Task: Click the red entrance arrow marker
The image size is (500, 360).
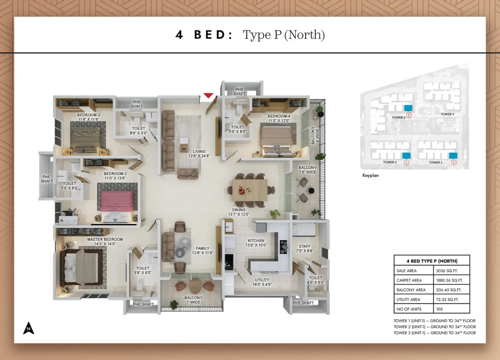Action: coord(209,96)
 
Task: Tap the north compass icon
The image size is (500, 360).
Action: coord(28,328)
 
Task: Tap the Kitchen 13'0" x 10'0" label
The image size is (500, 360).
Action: coord(256,243)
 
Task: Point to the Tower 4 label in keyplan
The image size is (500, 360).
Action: coord(447,114)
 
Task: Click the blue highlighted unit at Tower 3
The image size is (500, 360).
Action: coord(408,107)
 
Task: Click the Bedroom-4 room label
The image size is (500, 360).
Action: coord(278,118)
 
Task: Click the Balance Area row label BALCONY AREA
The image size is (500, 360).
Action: coord(411,290)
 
